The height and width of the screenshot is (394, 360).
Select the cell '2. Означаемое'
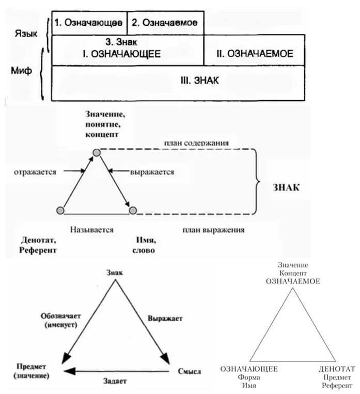point(165,23)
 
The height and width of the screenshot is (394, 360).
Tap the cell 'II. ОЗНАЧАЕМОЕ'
point(255,53)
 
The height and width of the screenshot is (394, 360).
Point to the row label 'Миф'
point(22,71)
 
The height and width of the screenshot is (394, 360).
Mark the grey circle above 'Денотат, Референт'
point(60,210)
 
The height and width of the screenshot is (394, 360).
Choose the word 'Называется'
point(92,229)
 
